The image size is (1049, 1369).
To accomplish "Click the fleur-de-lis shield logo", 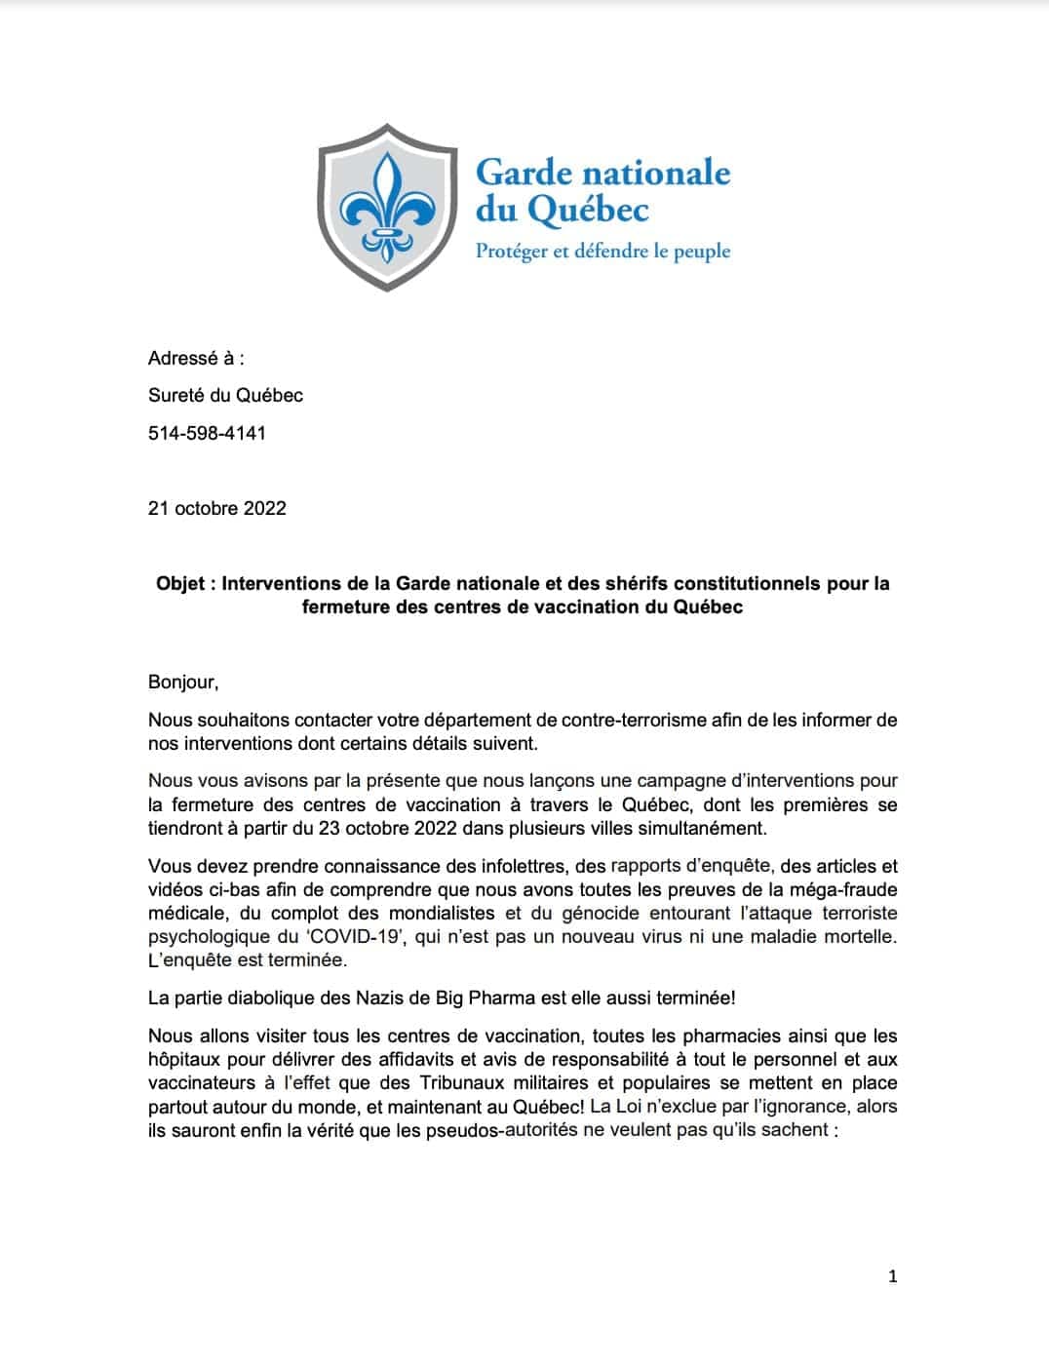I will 388,207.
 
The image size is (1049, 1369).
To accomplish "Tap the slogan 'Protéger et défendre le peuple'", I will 602,251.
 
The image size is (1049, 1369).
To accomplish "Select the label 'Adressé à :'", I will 196,358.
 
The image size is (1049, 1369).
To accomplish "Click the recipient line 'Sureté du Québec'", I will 225,395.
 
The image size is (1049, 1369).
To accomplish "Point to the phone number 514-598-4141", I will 207,433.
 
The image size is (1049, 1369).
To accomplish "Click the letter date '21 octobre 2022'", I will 217,508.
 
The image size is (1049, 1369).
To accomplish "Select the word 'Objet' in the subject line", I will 180,584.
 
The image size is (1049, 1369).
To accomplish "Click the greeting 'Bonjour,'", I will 183,683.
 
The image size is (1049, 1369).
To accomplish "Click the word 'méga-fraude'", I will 841,889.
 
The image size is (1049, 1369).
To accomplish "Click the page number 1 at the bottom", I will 893,1276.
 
